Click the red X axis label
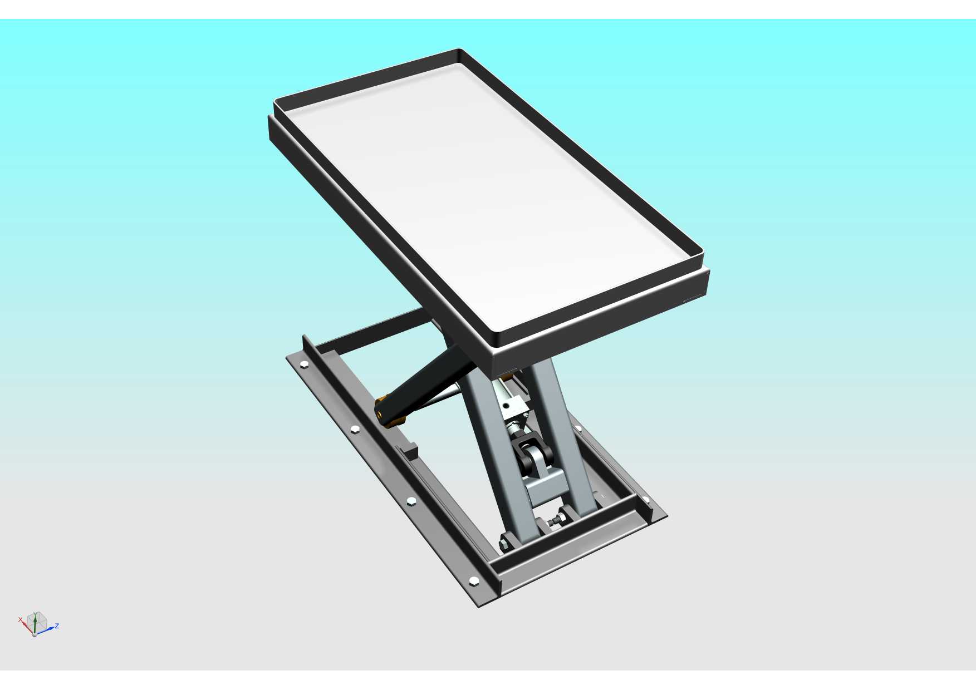point(21,619)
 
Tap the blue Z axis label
point(57,626)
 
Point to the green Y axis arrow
point(35,622)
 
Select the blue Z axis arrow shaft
point(45,630)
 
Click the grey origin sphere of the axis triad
point(35,634)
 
